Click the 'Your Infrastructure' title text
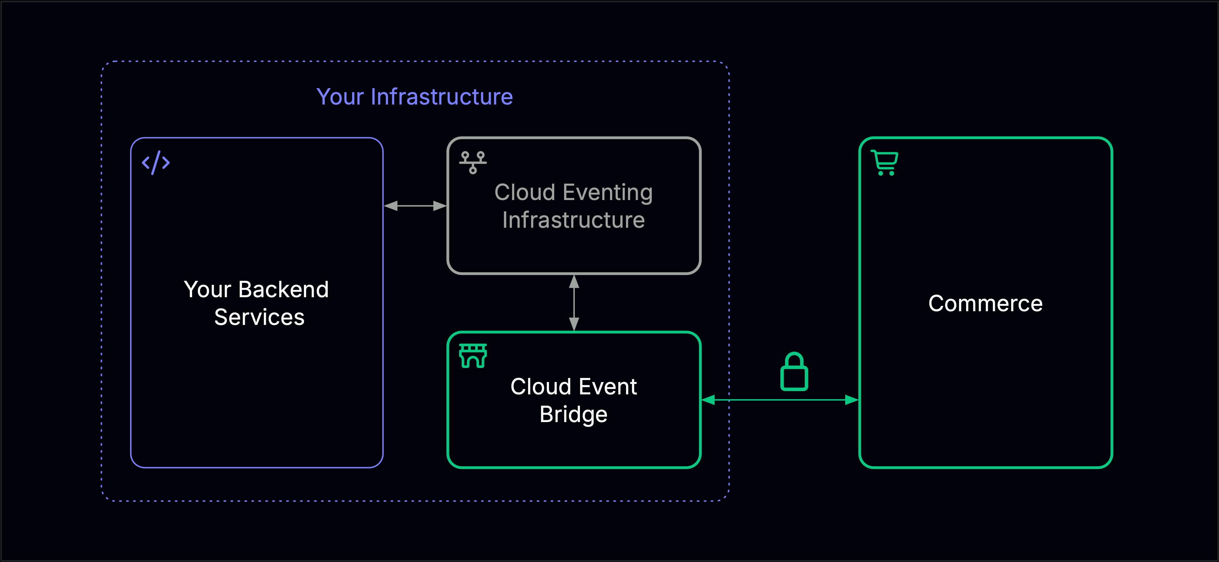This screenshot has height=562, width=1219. (x=415, y=97)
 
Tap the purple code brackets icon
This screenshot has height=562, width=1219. (x=156, y=163)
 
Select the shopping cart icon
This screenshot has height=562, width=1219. (x=885, y=163)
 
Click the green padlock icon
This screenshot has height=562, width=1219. (x=794, y=372)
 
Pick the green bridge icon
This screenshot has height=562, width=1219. (x=473, y=356)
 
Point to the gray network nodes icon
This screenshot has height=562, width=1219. (x=473, y=163)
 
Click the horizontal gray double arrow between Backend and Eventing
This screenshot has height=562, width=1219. (x=415, y=206)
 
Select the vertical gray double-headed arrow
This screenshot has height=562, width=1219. (x=574, y=303)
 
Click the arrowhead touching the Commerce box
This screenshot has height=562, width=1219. (x=852, y=400)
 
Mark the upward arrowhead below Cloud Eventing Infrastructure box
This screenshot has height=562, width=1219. (x=574, y=282)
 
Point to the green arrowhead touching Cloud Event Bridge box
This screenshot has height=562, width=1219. (x=708, y=400)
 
